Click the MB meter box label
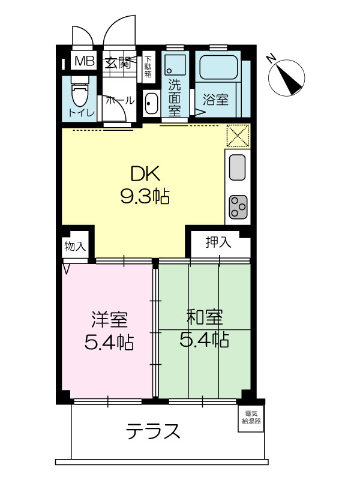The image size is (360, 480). click(x=84, y=61)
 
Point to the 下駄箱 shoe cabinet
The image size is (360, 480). click(x=148, y=67)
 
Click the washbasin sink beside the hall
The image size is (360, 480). click(x=151, y=103)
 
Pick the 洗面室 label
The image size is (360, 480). click(x=175, y=98)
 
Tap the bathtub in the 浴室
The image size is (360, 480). click(x=218, y=67)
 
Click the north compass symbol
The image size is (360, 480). click(x=286, y=77)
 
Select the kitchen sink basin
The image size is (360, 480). click(x=237, y=167)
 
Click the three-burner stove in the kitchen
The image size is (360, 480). click(x=238, y=206)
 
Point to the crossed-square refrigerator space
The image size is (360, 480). click(x=238, y=136)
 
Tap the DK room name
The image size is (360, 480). click(x=145, y=174)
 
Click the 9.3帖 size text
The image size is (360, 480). click(x=145, y=196)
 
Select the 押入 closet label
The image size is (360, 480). click(x=218, y=242)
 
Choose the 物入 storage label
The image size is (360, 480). click(x=75, y=246)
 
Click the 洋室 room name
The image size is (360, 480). click(x=109, y=319)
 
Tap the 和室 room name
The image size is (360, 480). click(x=205, y=317)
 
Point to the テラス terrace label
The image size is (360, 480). click(x=153, y=431)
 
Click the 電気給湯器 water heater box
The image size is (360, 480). click(x=251, y=418)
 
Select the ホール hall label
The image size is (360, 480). click(x=120, y=100)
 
